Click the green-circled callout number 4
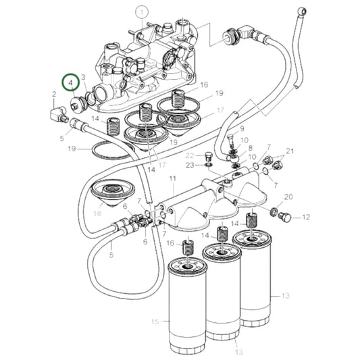71,82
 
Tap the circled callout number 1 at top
142,12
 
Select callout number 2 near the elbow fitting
54,94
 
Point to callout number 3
83,77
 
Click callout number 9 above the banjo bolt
242,129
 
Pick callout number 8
251,148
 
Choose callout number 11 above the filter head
172,178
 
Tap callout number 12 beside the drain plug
306,217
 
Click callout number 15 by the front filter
155,322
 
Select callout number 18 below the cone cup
97,213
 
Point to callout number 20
288,197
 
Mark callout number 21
290,151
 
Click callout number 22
190,155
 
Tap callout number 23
190,165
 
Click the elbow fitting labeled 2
59,113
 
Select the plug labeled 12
284,217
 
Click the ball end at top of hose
301,11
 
